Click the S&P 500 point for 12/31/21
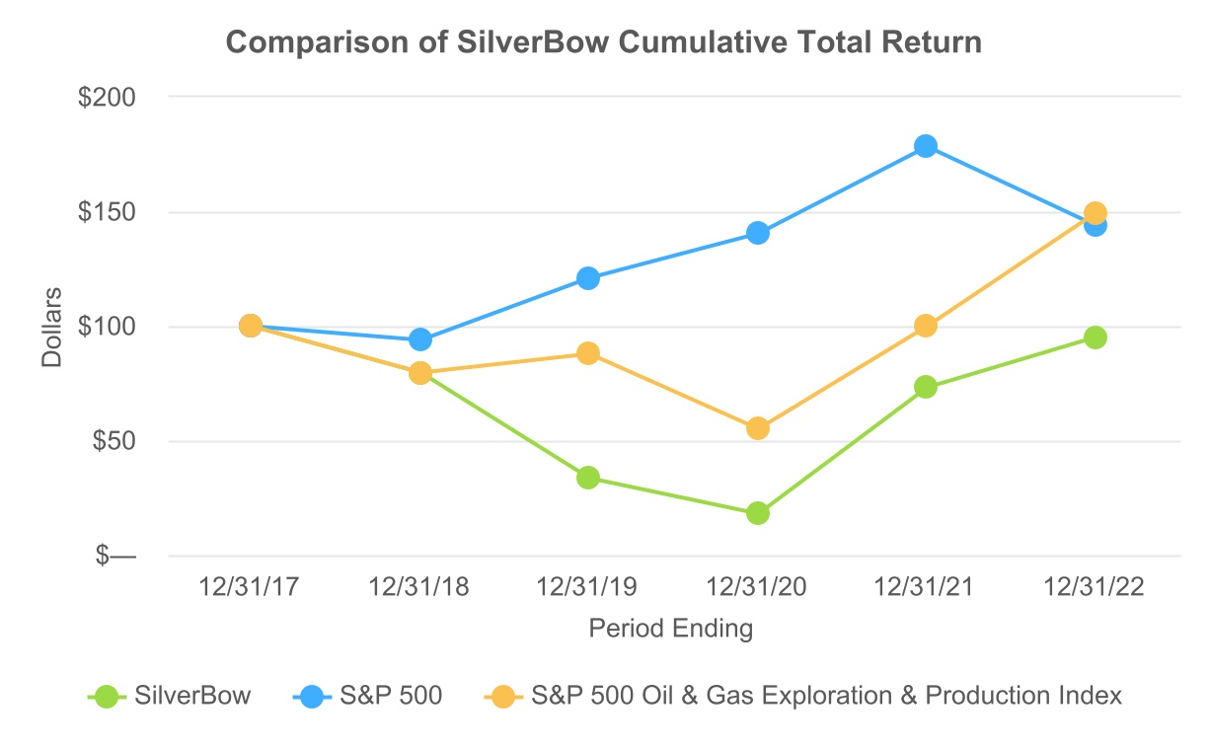coord(925,146)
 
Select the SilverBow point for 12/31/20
coord(757,513)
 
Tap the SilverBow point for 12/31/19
coord(588,478)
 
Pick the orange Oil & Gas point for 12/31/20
coord(757,428)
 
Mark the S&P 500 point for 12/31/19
coord(588,278)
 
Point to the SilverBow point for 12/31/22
coord(1095,337)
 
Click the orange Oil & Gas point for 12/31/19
coord(588,353)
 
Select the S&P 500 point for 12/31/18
coord(419,339)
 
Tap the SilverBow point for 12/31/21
coord(925,387)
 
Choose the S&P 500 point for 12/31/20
coord(757,233)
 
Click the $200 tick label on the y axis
coord(110,98)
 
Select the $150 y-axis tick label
coord(110,212)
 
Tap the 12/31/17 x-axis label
coord(250,587)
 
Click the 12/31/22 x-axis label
coord(1095,587)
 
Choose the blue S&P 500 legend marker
coord(313,696)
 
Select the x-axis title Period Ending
coord(671,629)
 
